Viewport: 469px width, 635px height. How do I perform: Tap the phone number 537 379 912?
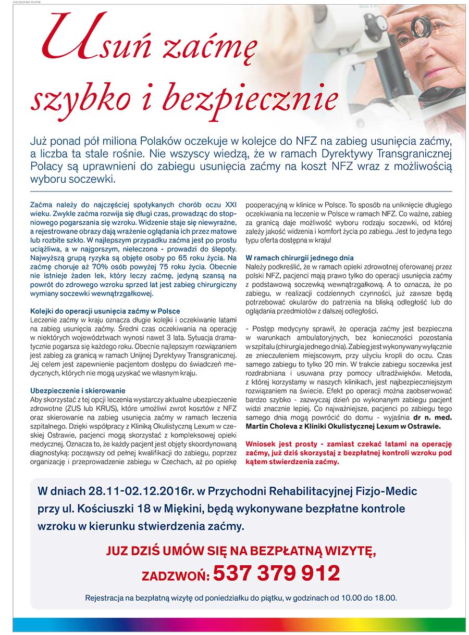(276, 573)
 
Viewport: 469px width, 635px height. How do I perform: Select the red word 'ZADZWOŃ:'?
(176, 576)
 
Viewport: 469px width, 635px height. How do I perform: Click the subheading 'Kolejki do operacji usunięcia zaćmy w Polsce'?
(105, 311)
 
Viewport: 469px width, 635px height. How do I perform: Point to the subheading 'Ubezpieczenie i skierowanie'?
(78, 390)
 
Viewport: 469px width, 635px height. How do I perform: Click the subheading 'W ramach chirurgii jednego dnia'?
(300, 258)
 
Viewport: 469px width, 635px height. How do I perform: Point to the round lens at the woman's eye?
(421, 24)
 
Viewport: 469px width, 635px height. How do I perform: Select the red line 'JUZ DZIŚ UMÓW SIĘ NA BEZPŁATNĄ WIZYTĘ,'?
(241, 551)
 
